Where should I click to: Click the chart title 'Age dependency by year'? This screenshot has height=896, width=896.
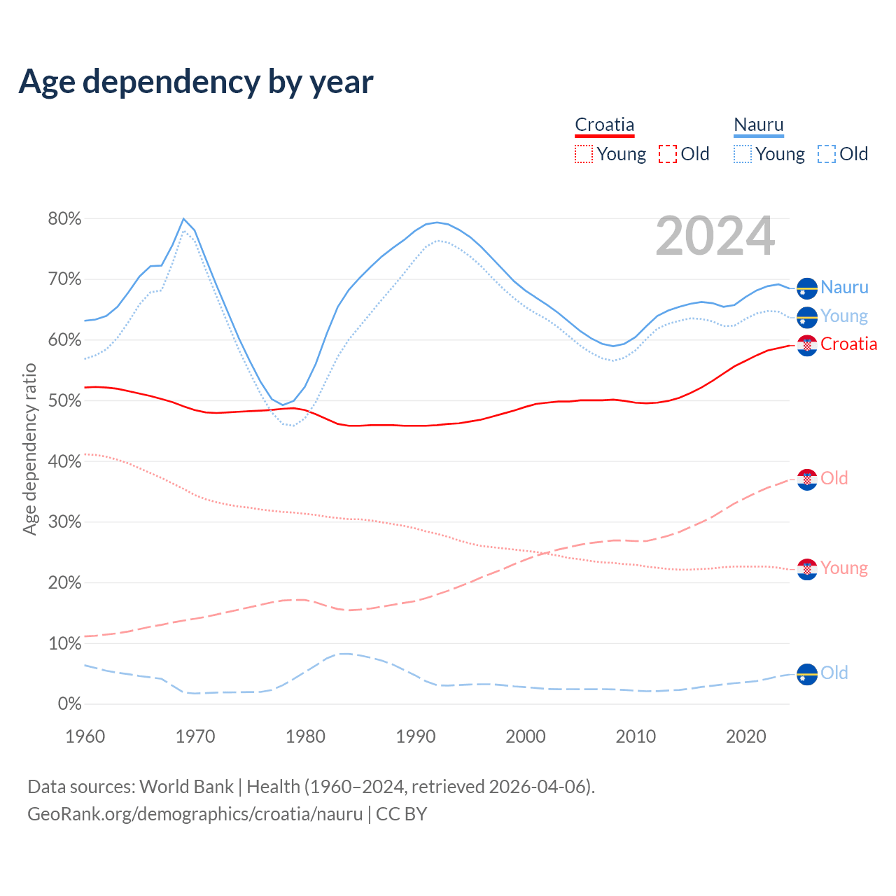(196, 82)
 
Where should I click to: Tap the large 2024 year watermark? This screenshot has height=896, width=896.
(715, 236)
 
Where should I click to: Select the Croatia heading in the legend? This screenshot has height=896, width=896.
(604, 125)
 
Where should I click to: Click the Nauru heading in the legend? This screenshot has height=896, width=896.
(759, 125)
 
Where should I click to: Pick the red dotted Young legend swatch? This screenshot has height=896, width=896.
(583, 154)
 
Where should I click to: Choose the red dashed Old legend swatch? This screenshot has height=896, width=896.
(667, 154)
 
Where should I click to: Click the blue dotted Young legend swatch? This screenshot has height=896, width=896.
(743, 154)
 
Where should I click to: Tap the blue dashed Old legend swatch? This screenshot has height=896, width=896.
(826, 154)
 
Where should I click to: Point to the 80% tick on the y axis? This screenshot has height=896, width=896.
(65, 219)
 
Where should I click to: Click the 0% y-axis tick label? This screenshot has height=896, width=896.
(69, 704)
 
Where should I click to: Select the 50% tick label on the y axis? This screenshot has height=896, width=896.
(65, 401)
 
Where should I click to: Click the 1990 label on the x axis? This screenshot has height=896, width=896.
(416, 736)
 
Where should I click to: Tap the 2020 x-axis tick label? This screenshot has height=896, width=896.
(746, 736)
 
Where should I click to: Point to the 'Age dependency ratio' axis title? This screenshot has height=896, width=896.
(29, 449)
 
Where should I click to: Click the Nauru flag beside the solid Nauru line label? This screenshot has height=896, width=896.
(807, 288)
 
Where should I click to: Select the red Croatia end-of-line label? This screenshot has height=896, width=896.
(848, 344)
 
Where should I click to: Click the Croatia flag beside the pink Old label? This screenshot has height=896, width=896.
(807, 479)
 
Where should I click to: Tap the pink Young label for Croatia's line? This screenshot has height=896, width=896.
(844, 568)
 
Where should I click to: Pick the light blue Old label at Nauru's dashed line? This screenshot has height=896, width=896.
(834, 673)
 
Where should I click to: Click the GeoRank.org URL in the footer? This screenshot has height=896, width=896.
(195, 814)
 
